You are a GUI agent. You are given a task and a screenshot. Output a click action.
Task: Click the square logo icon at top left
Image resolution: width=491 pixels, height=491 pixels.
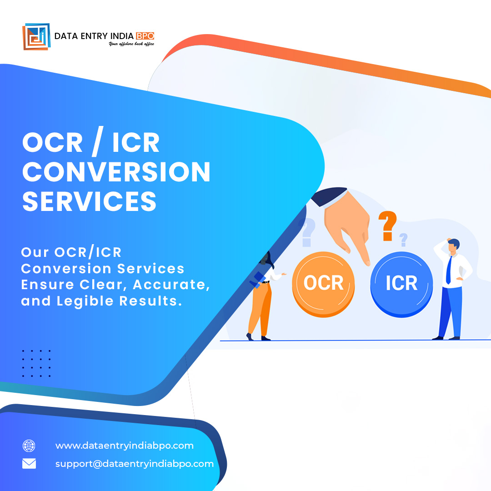pos(36,36)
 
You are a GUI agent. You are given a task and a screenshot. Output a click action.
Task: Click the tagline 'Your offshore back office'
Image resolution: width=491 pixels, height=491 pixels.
pos(131,44)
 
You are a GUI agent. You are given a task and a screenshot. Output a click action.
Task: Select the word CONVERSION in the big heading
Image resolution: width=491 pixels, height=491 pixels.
pos(116,172)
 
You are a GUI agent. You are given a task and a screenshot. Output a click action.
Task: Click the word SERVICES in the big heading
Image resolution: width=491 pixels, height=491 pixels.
pos(90,200)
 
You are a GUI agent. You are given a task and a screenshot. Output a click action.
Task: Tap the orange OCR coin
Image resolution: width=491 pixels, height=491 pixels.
pos(323,283)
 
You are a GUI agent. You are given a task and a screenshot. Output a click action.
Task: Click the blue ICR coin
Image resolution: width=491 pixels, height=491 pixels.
pos(401,283)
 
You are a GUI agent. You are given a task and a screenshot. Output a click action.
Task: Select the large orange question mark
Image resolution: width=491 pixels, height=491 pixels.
pos(387,225)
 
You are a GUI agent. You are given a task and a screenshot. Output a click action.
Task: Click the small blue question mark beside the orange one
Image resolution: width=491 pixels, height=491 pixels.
pos(403,239)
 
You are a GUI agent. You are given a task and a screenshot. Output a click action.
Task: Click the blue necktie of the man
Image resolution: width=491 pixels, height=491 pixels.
pos(448,270)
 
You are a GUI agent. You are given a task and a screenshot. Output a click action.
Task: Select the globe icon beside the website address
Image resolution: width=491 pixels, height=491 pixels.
pos(29,446)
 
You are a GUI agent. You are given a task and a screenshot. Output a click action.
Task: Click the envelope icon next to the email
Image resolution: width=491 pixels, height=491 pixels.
pos(29,464)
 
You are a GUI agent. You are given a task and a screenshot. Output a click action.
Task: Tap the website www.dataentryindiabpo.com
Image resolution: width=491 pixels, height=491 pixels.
pos(124,446)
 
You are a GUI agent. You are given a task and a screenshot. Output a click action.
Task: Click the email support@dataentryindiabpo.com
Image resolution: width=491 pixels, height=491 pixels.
pos(134,464)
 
